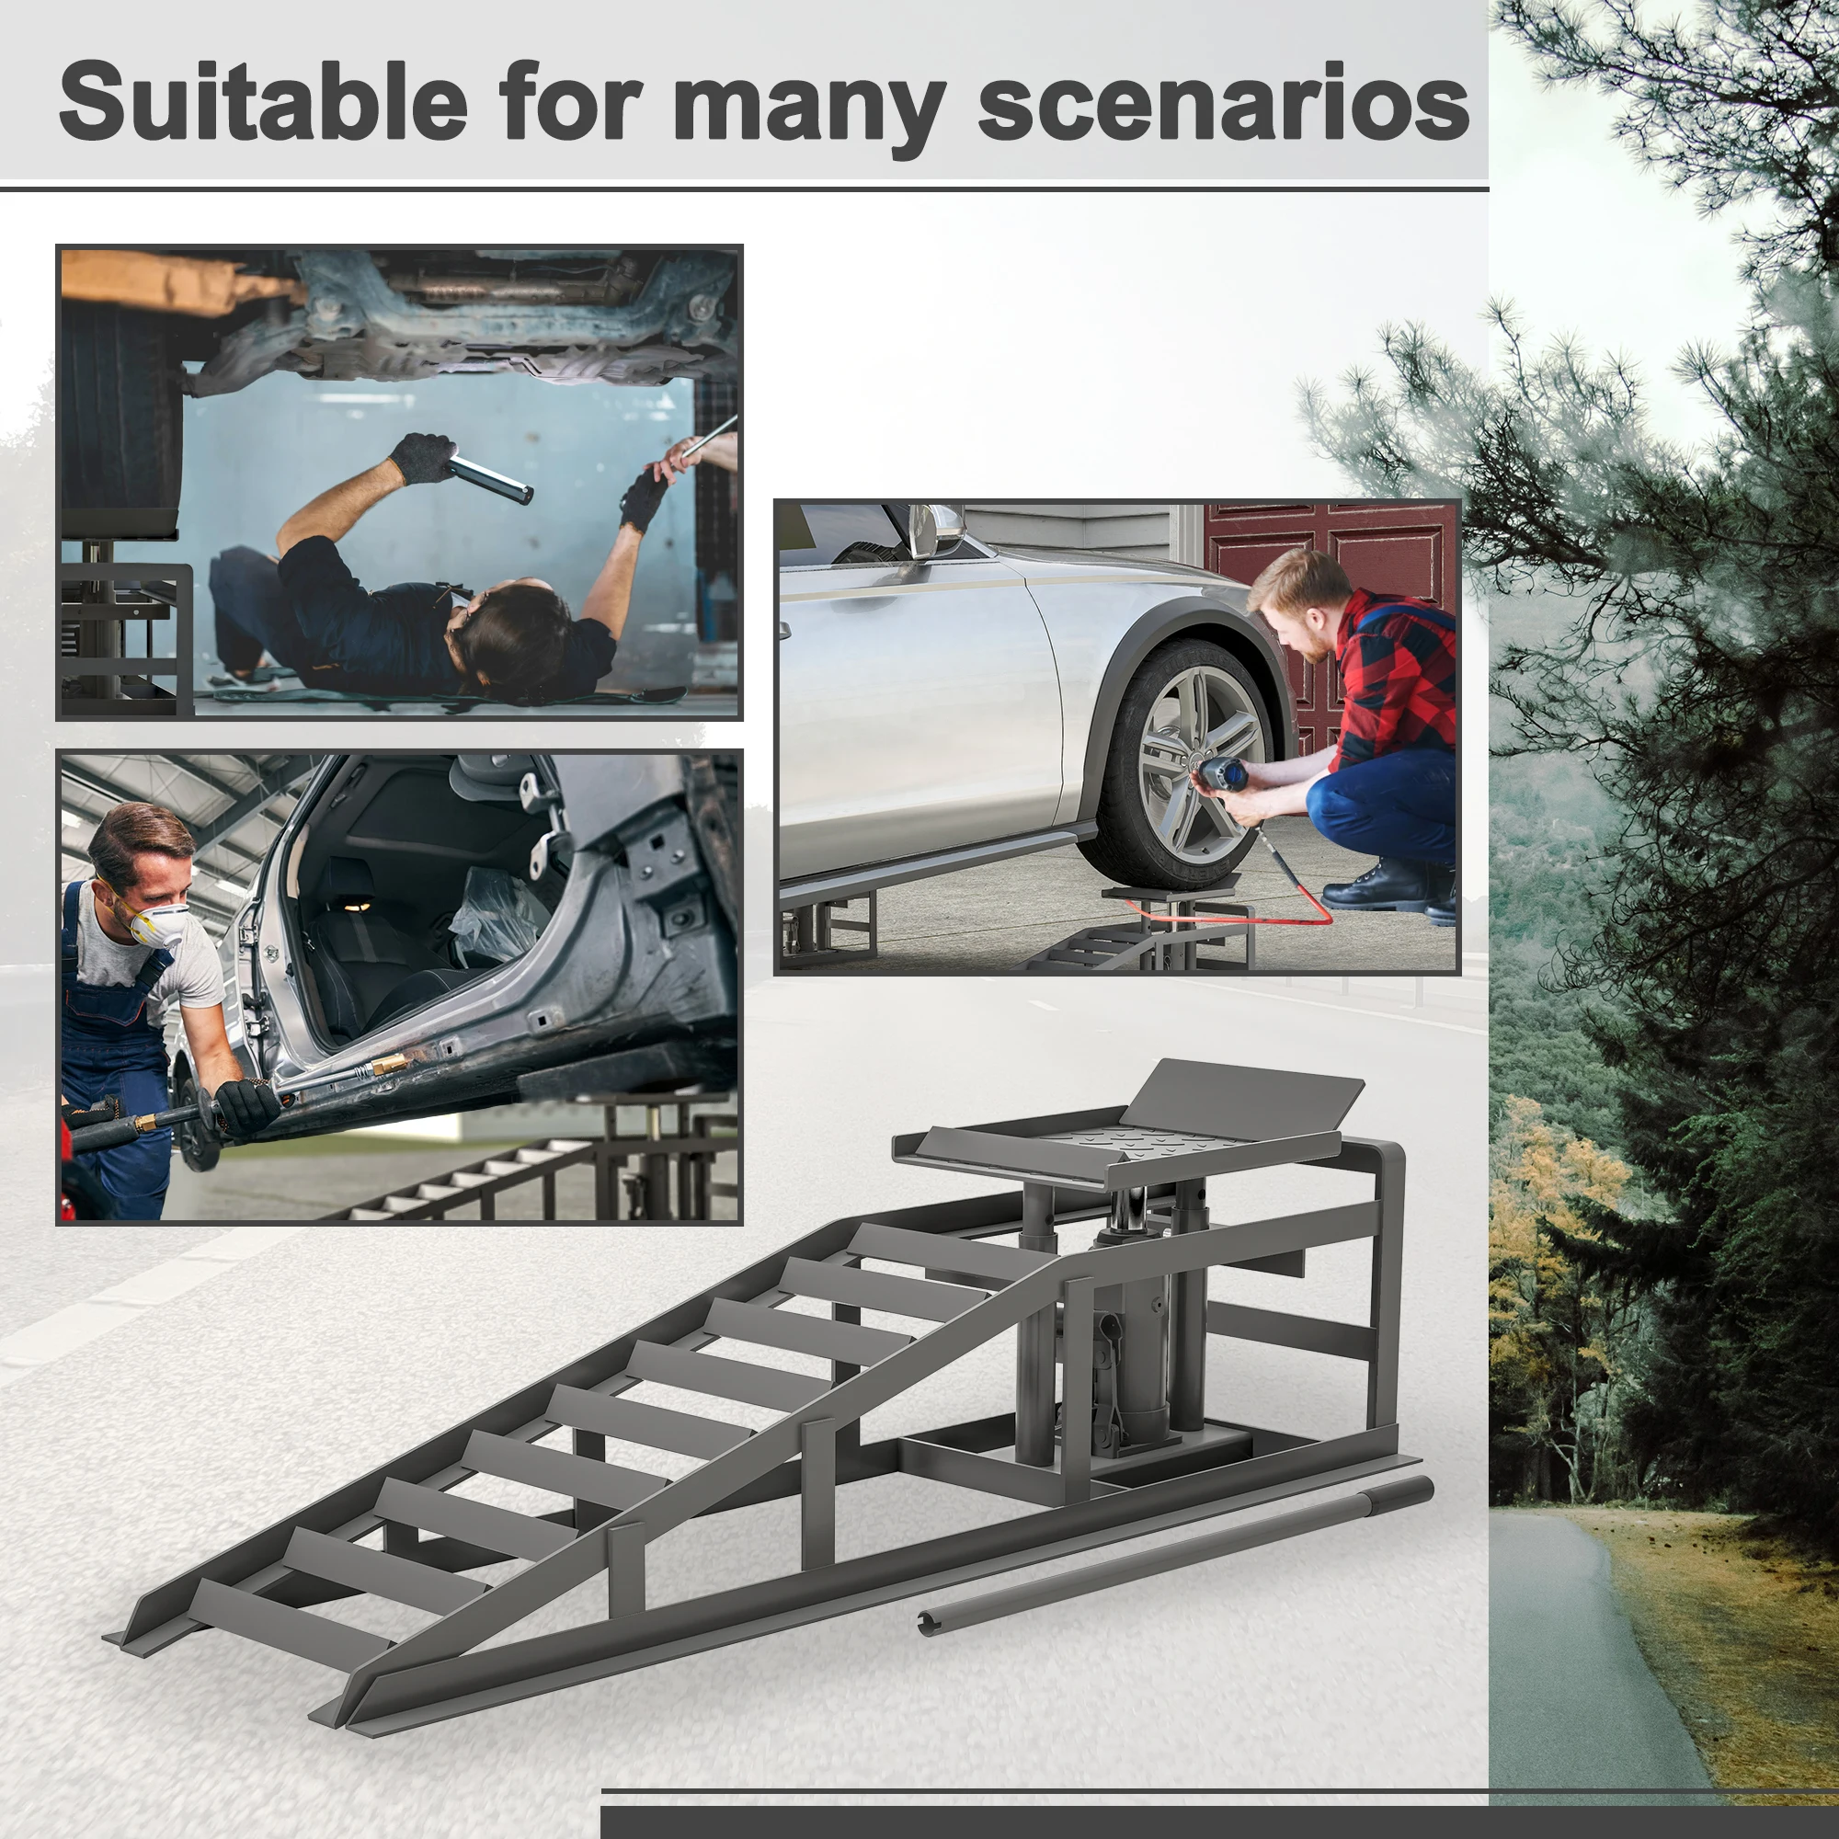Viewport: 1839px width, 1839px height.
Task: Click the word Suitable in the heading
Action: click(x=263, y=101)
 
